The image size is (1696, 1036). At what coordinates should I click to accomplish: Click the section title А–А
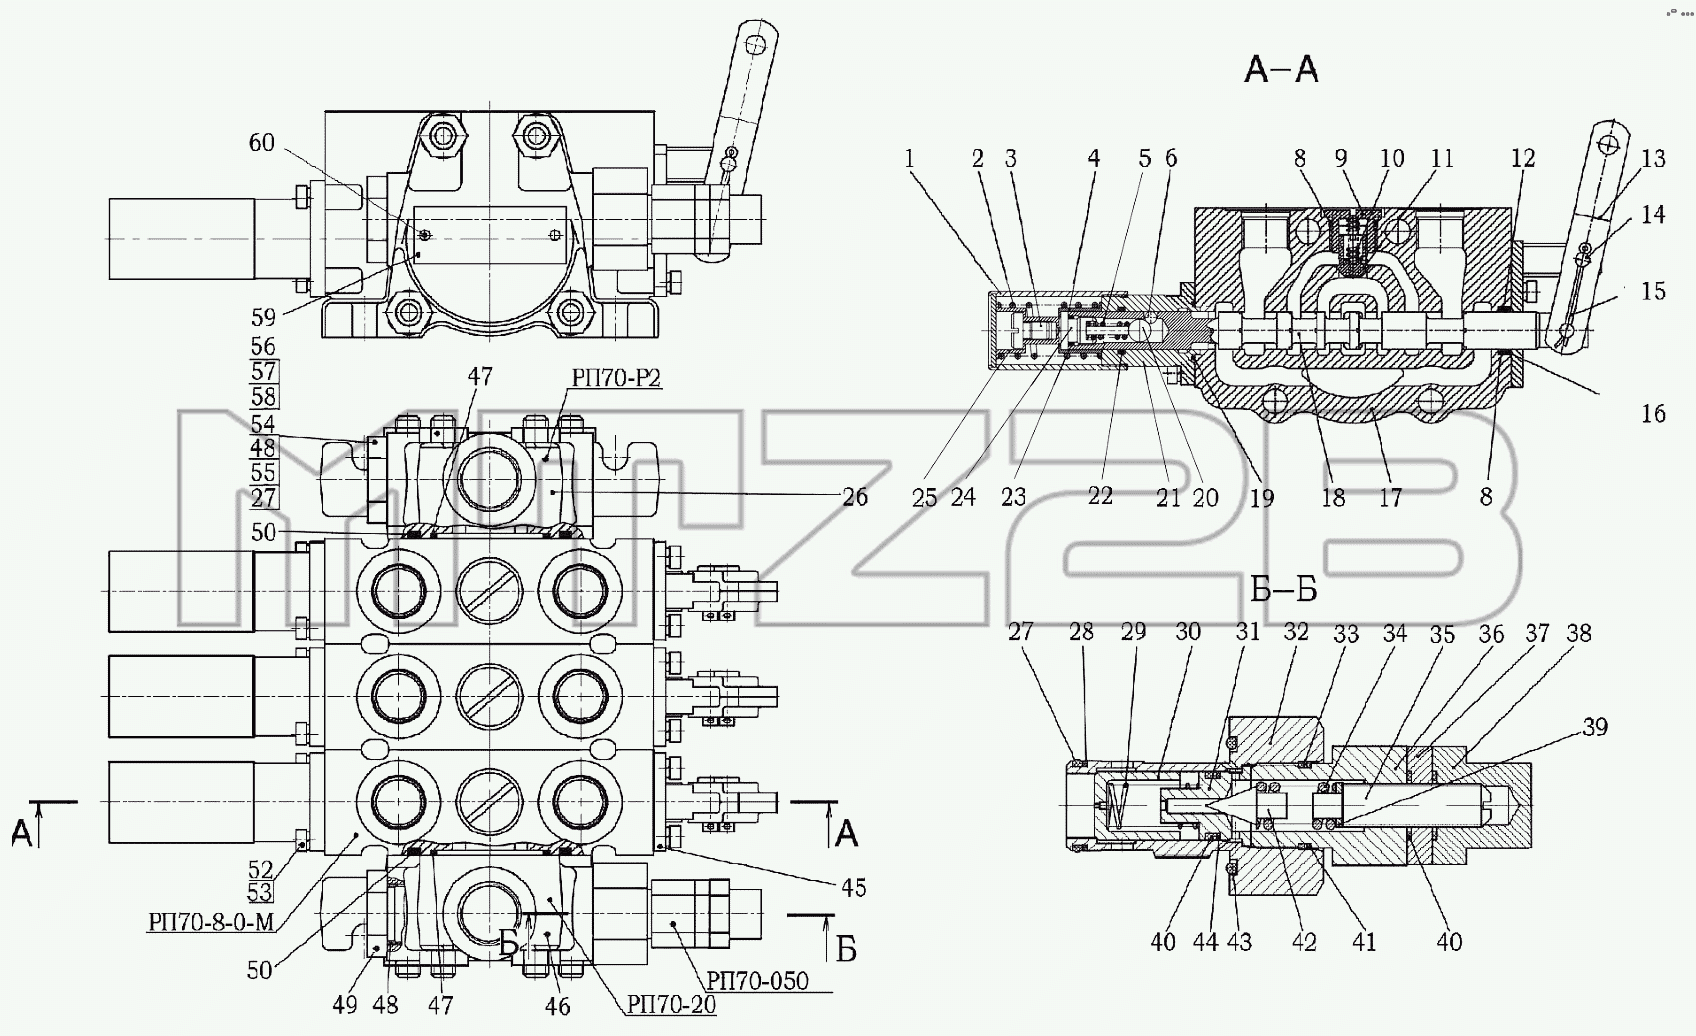tap(1281, 70)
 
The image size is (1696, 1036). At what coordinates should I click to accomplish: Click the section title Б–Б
tap(1283, 589)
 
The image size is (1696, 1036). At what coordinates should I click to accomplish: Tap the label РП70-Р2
tap(616, 377)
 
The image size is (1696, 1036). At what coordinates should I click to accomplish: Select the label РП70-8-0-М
tap(210, 922)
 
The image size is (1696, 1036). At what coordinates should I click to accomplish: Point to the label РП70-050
tap(757, 981)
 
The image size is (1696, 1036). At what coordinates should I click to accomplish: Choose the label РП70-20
tap(671, 1004)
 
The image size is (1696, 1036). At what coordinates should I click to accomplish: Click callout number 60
tap(262, 142)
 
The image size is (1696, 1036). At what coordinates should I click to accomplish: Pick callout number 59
tap(263, 317)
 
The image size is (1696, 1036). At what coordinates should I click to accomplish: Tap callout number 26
tap(855, 497)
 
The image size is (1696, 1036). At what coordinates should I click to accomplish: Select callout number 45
tap(853, 888)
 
